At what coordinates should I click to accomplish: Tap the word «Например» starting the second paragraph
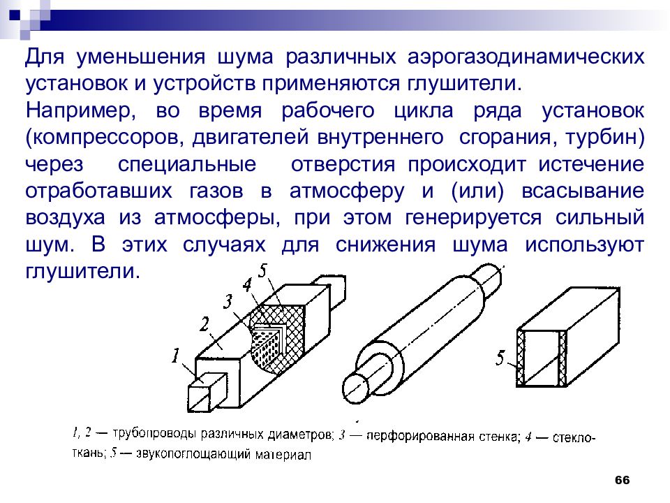pyautogui.click(x=76, y=110)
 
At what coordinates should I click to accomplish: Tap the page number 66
pyautogui.click(x=622, y=481)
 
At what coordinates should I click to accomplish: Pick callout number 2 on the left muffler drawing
pyautogui.click(x=204, y=323)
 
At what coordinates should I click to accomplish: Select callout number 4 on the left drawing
pyautogui.click(x=246, y=285)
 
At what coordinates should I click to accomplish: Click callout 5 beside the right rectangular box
pyautogui.click(x=500, y=359)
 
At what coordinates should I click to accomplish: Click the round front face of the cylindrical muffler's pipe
pyautogui.click(x=357, y=386)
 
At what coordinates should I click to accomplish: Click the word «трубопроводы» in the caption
pyautogui.click(x=154, y=434)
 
